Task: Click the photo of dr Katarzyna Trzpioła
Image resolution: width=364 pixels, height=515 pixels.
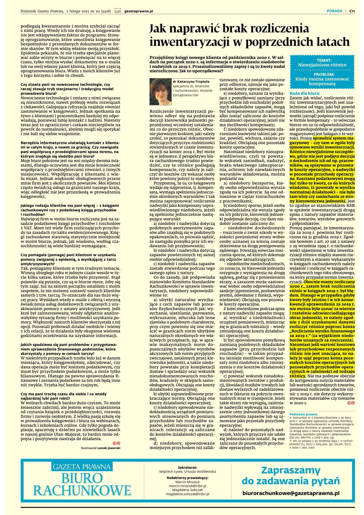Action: (x=160, y=92)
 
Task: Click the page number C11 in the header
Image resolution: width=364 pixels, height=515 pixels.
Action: (x=352, y=11)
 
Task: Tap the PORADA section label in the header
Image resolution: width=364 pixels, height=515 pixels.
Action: (x=334, y=11)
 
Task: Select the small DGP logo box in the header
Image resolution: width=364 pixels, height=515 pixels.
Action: (x=118, y=11)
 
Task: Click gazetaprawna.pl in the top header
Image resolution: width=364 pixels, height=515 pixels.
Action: (x=139, y=11)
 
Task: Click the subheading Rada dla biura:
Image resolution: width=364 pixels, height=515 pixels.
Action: (x=305, y=93)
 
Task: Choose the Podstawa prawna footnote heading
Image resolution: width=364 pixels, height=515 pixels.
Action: (x=303, y=414)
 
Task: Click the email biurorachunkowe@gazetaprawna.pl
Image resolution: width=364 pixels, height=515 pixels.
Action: (x=291, y=493)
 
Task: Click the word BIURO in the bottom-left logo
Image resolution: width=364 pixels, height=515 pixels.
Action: (x=82, y=478)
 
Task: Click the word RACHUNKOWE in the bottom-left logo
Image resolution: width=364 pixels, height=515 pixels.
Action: (x=82, y=490)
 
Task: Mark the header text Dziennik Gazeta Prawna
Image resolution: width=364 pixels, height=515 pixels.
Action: (x=42, y=11)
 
